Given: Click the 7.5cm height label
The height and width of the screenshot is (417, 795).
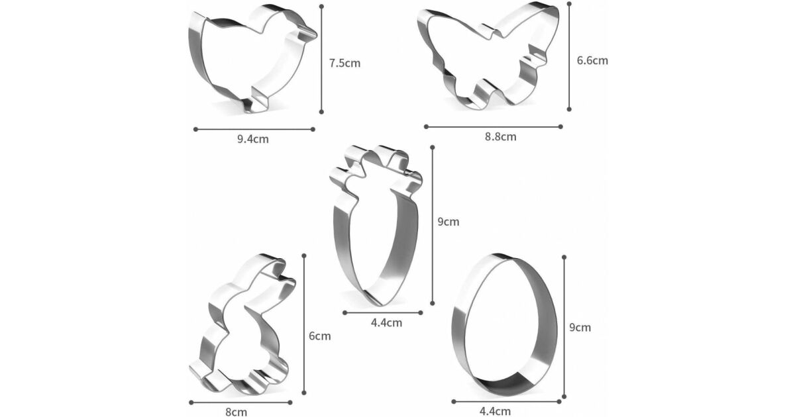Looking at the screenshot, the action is coord(344,63).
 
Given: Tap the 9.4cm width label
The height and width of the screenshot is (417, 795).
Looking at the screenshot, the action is coord(253,139).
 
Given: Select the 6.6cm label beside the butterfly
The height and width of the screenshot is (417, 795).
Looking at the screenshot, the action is coord(592,61).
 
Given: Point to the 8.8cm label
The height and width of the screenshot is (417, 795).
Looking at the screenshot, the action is coord(501,136).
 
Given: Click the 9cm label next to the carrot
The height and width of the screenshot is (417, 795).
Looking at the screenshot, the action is coord(449,222).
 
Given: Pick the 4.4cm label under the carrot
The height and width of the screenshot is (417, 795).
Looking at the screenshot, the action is coord(386,323).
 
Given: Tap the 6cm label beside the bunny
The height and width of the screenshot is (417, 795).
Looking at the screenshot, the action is coord(320,336).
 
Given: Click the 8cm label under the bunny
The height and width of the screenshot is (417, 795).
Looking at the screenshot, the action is coord(237,412).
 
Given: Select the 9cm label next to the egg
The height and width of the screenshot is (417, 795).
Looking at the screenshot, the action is coord(580,327).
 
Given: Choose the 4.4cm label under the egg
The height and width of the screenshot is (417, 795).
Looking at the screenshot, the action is coord(495,411).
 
